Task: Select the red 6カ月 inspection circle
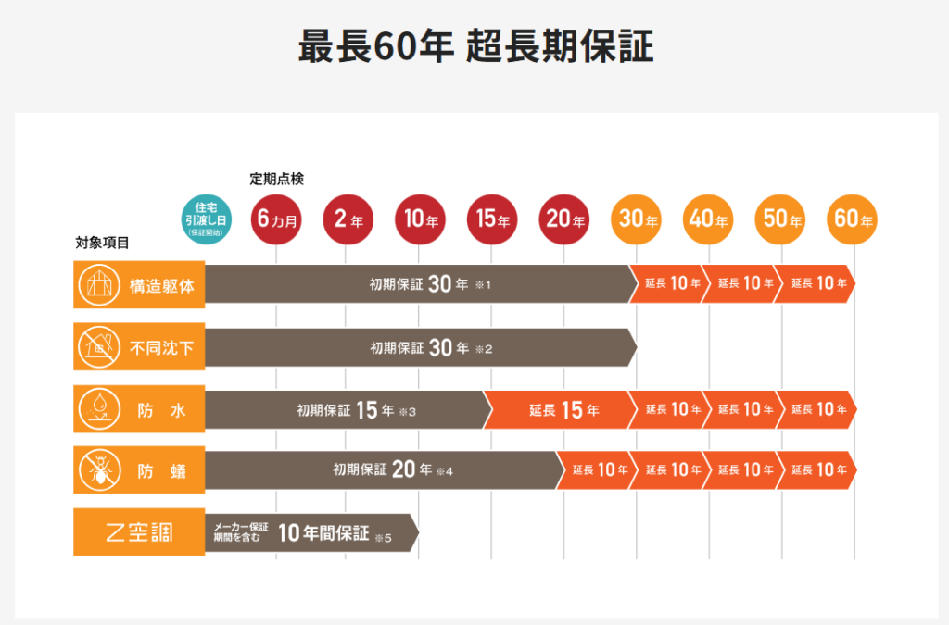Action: (x=275, y=219)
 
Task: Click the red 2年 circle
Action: (x=347, y=219)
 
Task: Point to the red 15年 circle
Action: (x=492, y=219)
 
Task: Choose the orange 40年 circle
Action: (x=709, y=219)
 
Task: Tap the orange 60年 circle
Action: (x=854, y=219)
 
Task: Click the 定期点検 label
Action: (x=276, y=179)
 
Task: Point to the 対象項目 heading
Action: (x=102, y=244)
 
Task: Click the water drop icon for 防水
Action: (x=96, y=409)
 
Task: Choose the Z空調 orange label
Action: (x=139, y=533)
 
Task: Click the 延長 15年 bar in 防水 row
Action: (x=560, y=409)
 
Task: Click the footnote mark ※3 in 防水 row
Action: (x=408, y=411)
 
